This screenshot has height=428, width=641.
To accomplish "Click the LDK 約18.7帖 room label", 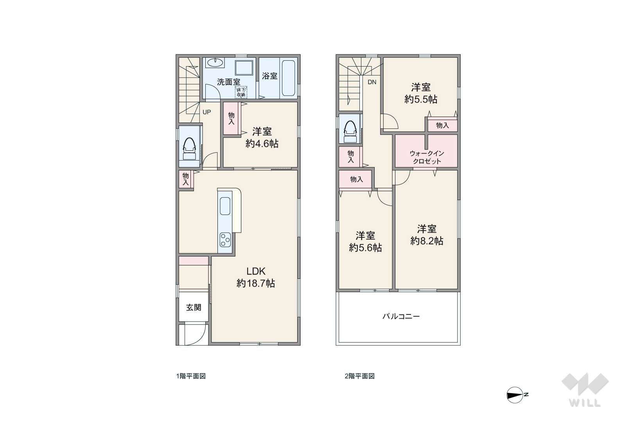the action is pyautogui.click(x=255, y=277).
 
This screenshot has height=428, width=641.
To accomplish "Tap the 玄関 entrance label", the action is pyautogui.click(x=194, y=308).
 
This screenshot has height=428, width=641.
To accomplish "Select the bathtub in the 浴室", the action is pyautogui.click(x=289, y=78).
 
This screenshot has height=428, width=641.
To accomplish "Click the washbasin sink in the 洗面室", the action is pyautogui.click(x=215, y=63).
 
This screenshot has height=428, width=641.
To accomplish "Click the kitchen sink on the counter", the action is pyautogui.click(x=225, y=206).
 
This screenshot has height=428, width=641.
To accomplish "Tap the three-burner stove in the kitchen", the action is pyautogui.click(x=225, y=240).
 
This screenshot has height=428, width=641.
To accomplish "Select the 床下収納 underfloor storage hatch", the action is pyautogui.click(x=241, y=92).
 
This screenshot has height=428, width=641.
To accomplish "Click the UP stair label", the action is pyautogui.click(x=206, y=112).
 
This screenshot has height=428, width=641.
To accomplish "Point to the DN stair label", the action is pyautogui.click(x=372, y=82).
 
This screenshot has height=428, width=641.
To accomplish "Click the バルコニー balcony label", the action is pyautogui.click(x=401, y=316).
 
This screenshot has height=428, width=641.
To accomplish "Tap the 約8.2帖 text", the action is pyautogui.click(x=427, y=241).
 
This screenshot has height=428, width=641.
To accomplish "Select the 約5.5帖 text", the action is pyautogui.click(x=421, y=99).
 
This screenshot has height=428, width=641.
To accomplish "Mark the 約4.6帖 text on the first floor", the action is pyautogui.click(x=262, y=144).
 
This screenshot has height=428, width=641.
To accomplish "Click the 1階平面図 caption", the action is pyautogui.click(x=191, y=376).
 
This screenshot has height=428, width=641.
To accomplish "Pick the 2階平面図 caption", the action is pyautogui.click(x=360, y=376).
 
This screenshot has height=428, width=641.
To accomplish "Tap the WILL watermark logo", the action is pyautogui.click(x=585, y=390).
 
